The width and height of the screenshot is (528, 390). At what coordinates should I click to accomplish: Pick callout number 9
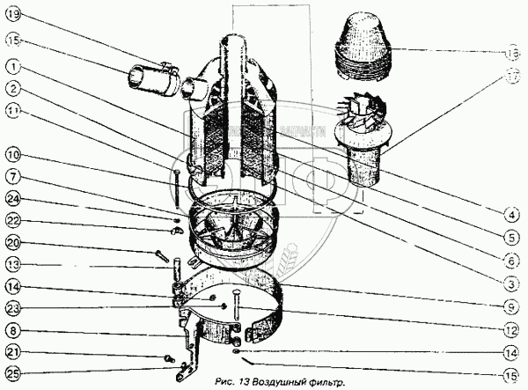click(x=510, y=307)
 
